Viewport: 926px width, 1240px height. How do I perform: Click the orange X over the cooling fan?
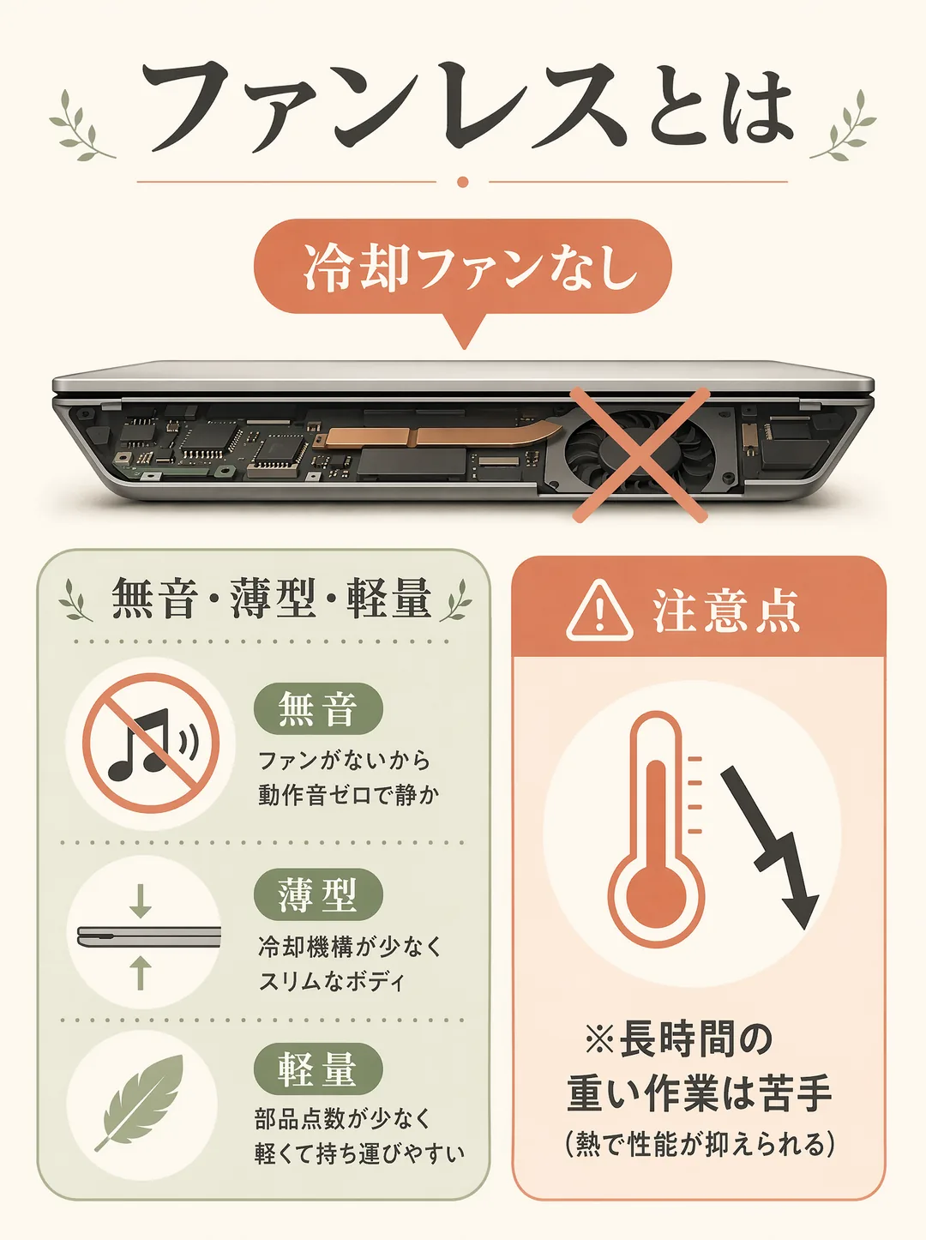pyautogui.click(x=640, y=454)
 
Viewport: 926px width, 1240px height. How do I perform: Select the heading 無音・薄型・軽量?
pyautogui.click(x=272, y=599)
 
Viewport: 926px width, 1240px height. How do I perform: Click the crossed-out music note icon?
pyautogui.click(x=151, y=743)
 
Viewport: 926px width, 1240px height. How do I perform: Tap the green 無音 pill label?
pyautogui.click(x=318, y=708)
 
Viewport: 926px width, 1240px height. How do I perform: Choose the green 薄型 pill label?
pyautogui.click(x=318, y=894)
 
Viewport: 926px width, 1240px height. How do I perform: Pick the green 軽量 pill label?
pyautogui.click(x=318, y=1068)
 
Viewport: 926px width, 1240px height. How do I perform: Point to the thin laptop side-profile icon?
pyautogui.click(x=149, y=938)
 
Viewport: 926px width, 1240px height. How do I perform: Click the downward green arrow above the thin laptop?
pyautogui.click(x=140, y=900)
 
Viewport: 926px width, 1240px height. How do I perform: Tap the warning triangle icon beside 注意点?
pyautogui.click(x=599, y=611)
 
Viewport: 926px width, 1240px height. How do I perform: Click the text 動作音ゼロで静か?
pyautogui.click(x=349, y=795)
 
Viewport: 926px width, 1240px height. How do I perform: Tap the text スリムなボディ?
pyautogui.click(x=332, y=981)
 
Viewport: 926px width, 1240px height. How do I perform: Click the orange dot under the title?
pyautogui.click(x=463, y=182)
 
